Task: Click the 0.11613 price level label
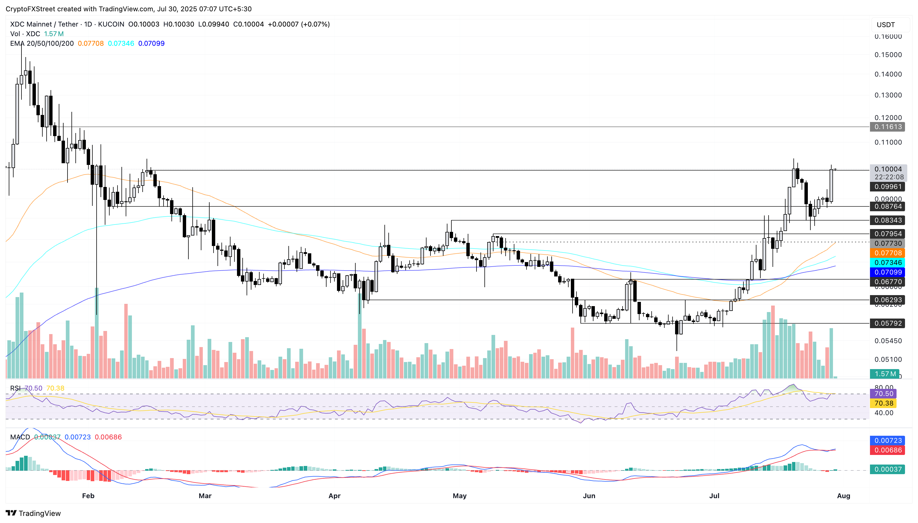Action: [x=887, y=127]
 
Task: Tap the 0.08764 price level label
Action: [x=887, y=206]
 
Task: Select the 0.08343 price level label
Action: [x=887, y=220]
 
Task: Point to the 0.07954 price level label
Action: [x=887, y=234]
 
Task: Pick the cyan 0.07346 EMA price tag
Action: [x=887, y=263]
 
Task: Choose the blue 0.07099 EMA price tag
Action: [x=887, y=272]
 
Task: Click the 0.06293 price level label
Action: [x=887, y=300]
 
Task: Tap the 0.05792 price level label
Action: [x=887, y=323]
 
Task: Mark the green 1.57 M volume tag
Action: [x=885, y=374]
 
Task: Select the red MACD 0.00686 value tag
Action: [x=887, y=450]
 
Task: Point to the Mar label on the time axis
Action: [x=205, y=496]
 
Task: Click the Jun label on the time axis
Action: [x=589, y=496]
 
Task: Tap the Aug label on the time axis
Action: [x=843, y=496]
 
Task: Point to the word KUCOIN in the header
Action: [x=111, y=24]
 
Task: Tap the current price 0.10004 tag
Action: [x=887, y=169]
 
